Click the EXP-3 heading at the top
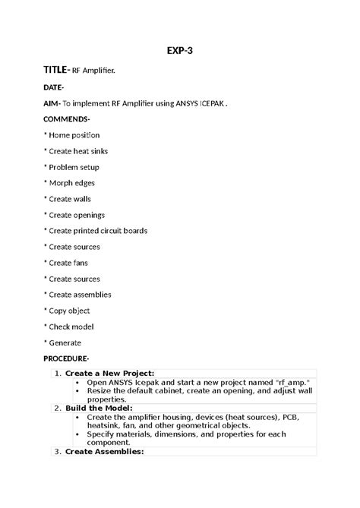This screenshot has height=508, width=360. click(x=179, y=52)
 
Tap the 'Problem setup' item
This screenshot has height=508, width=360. click(x=74, y=167)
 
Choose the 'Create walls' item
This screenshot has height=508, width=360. click(x=71, y=199)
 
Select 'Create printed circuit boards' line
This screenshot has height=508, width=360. click(x=98, y=231)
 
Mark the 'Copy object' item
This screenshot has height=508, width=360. click(x=69, y=311)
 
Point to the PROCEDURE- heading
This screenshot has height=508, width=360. click(x=66, y=358)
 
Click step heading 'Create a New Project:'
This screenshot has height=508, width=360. click(x=109, y=373)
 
